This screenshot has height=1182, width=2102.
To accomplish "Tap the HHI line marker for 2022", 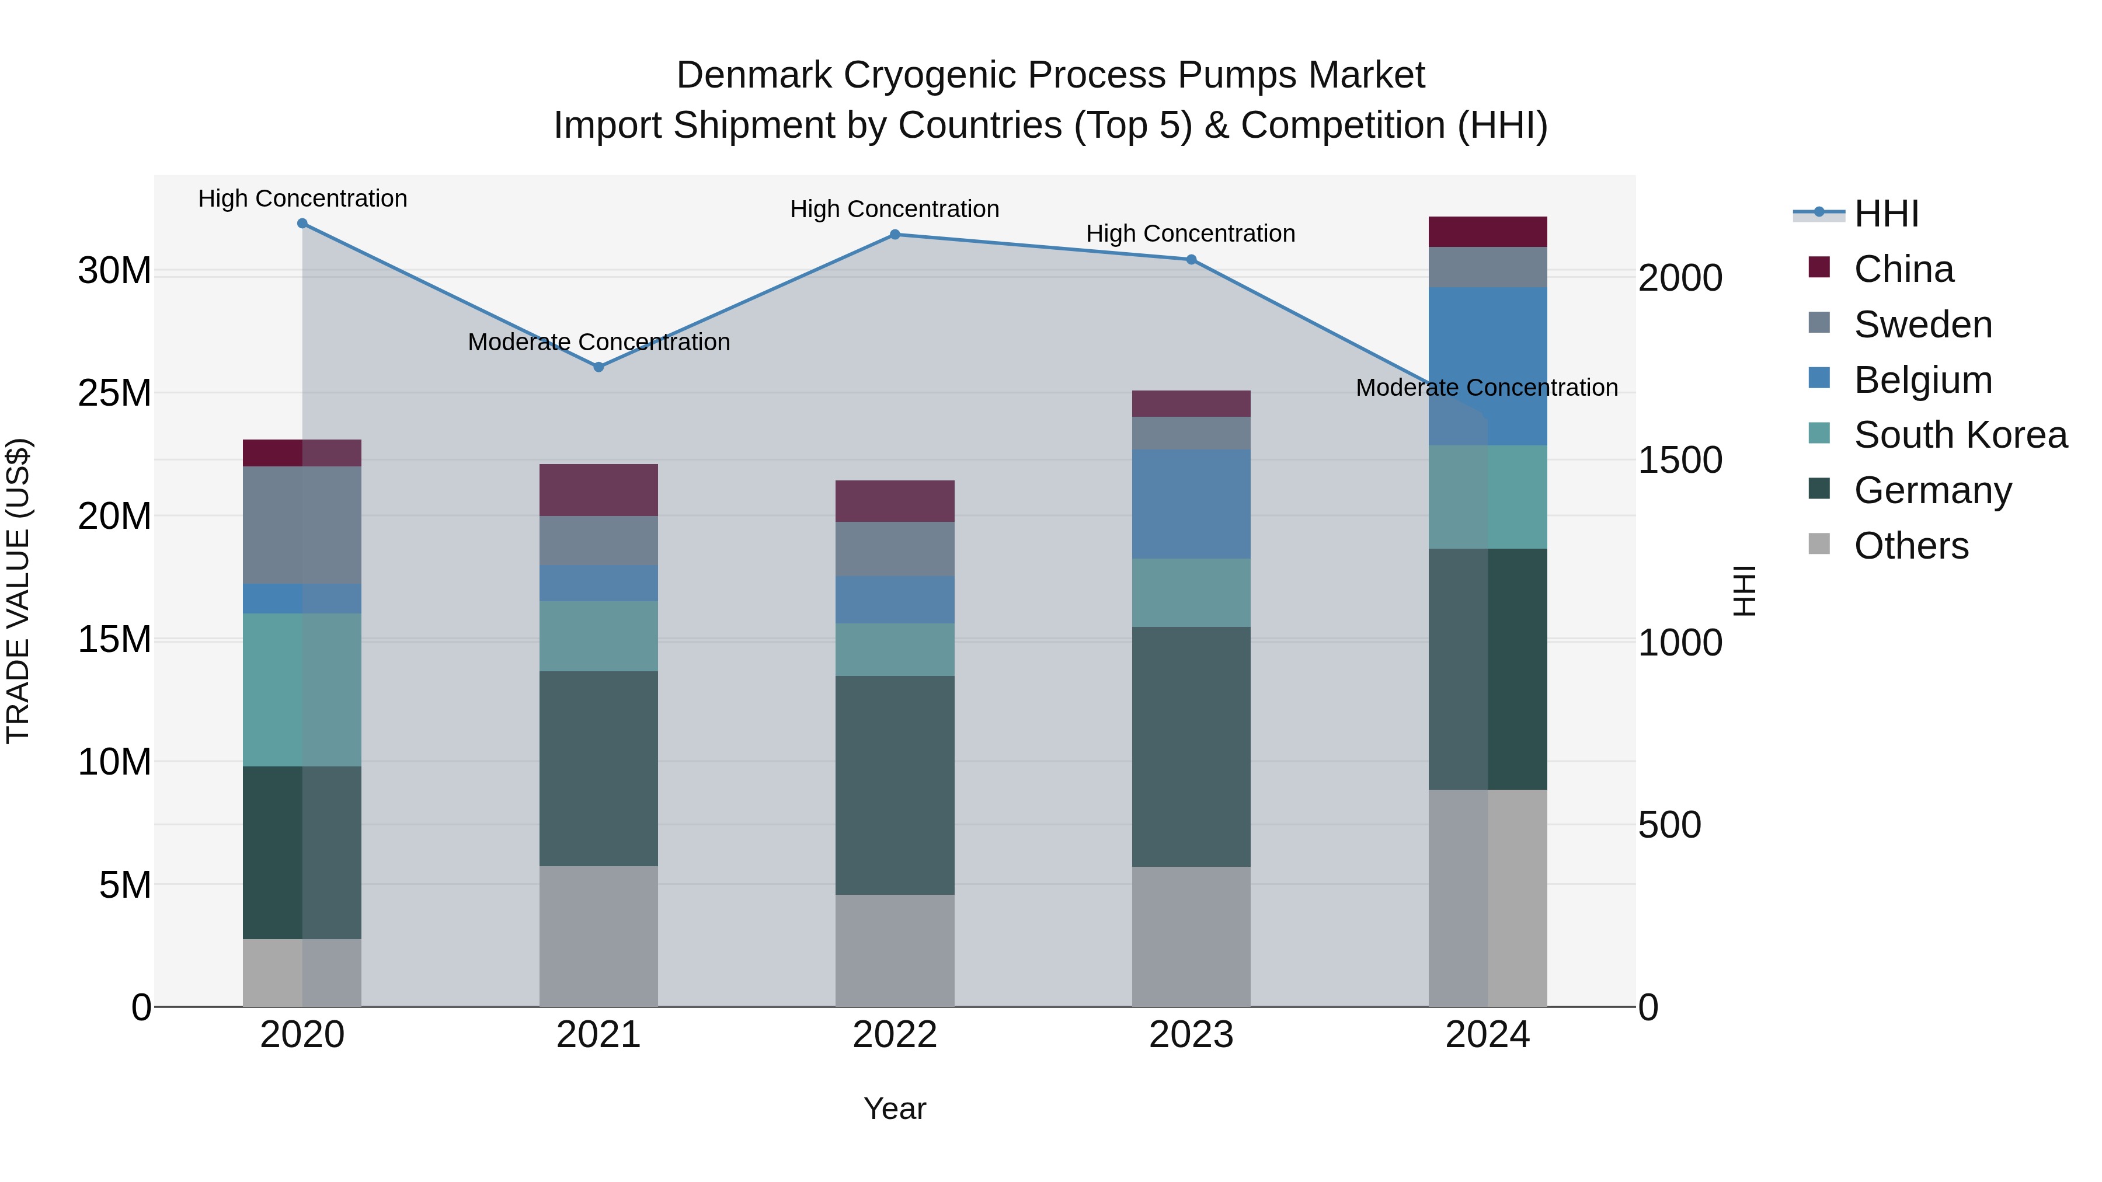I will tap(895, 234).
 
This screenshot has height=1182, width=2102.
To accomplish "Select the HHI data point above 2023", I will tap(1191, 259).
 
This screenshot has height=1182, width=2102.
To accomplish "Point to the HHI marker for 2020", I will tap(302, 224).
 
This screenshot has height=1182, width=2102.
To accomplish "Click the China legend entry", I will tap(1903, 269).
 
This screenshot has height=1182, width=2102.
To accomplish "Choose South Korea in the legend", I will tap(1960, 435).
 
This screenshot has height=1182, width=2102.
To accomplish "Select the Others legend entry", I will tap(1910, 546).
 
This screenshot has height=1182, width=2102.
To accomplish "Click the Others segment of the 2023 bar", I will tap(1191, 936).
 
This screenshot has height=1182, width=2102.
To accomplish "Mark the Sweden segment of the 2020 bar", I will tap(302, 525).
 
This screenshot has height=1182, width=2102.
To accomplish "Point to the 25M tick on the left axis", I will tap(114, 393).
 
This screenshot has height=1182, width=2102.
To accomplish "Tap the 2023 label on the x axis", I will tap(1191, 1035).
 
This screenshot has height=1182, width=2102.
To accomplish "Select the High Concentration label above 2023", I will tap(1191, 233).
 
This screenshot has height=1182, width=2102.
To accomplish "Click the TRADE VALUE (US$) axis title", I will tap(18, 591).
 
